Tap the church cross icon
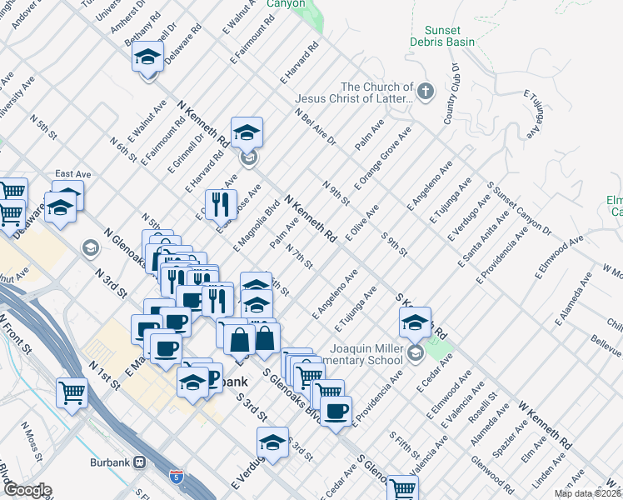(426, 91)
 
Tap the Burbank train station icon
(140, 462)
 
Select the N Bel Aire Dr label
(316, 127)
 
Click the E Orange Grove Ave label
(383, 157)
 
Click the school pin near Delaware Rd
(147, 57)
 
